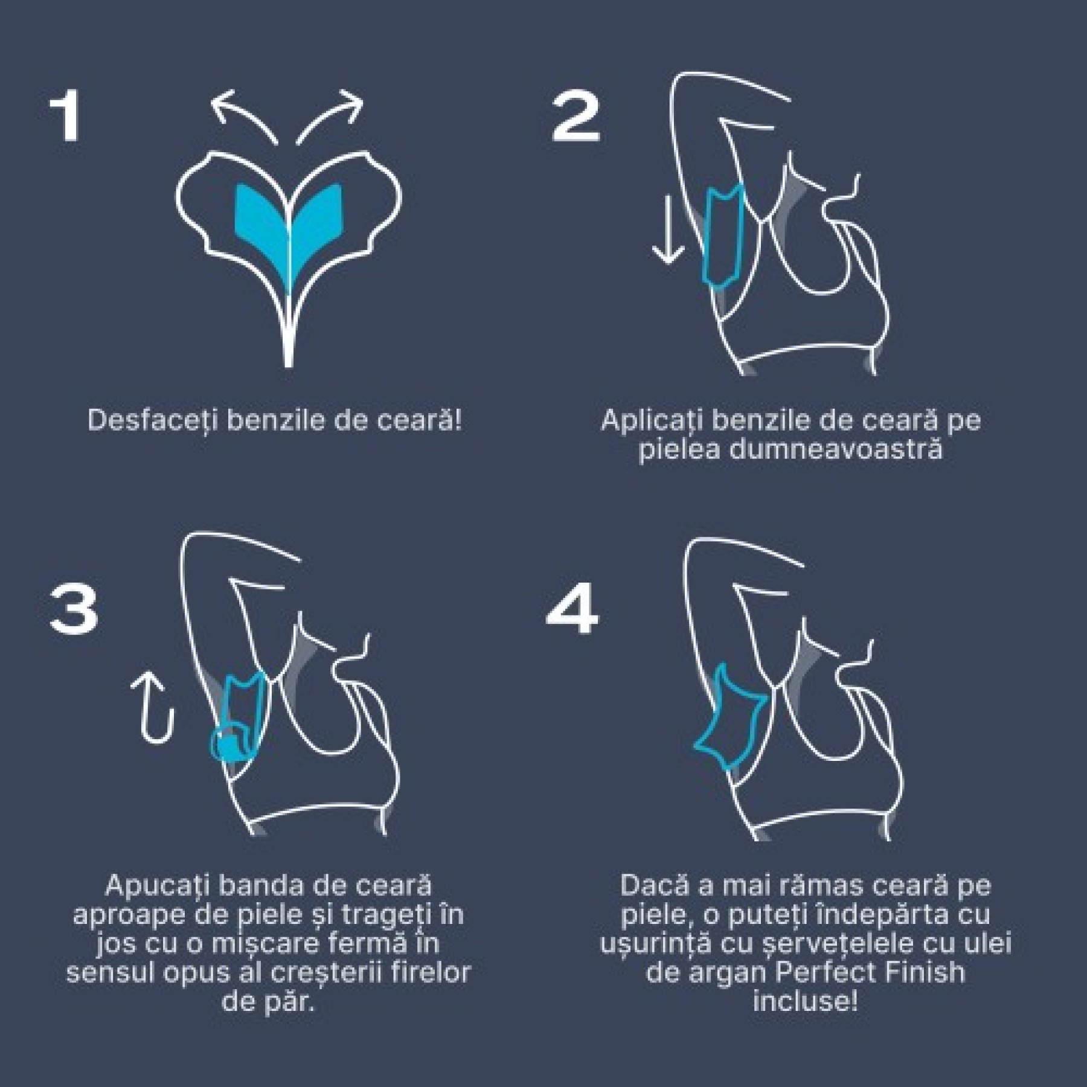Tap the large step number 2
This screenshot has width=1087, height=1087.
click(576, 117)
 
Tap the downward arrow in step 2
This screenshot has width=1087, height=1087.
click(668, 231)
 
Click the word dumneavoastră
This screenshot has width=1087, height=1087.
click(790, 450)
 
